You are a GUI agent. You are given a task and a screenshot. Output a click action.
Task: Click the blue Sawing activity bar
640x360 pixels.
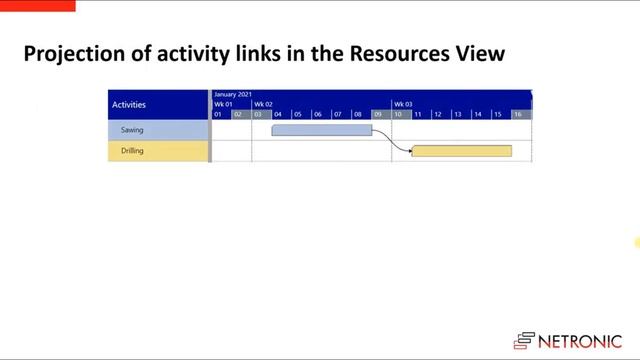pos(321,130)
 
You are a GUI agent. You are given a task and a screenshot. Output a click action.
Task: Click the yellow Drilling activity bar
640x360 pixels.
pos(461,151)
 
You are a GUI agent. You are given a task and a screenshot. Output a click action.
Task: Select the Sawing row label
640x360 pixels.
pos(132,130)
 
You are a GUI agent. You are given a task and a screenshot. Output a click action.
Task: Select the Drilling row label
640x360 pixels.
pos(133,151)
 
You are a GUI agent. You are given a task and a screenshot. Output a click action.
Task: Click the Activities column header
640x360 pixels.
pos(129,104)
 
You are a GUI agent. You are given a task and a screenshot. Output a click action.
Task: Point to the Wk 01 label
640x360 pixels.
pos(223,104)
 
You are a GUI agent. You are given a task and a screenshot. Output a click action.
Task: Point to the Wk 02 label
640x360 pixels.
pos(263,104)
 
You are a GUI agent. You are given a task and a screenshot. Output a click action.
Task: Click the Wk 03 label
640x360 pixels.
pos(402,104)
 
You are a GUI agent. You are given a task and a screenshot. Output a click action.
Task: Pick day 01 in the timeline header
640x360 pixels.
pos(218,114)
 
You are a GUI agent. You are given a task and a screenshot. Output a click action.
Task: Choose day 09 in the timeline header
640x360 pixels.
pos(378,114)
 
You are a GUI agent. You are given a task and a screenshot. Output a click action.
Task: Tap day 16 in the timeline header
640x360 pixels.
pos(518,114)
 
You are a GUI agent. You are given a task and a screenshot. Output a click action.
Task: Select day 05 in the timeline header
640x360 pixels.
pos(298,114)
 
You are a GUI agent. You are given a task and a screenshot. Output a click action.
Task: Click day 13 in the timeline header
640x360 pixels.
pos(458,114)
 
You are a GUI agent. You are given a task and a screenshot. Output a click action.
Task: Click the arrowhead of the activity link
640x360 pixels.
pos(408,152)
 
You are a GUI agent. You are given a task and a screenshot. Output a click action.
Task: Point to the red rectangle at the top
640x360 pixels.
pos(37,5)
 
